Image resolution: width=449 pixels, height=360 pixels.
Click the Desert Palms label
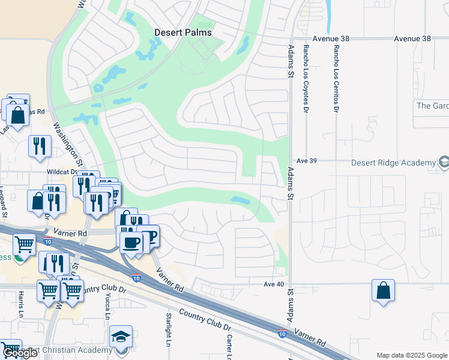pos(183,32)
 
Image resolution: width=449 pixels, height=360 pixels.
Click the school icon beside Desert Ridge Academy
pos(444,162)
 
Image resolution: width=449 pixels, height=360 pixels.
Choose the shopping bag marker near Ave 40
pos(383,292)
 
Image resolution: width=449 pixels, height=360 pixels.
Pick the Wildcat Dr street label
pos(62,172)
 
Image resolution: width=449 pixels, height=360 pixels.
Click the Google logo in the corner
pos(20,353)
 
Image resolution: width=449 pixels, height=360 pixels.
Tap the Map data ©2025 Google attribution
pos(412,355)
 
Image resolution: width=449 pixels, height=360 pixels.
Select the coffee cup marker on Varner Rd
pos(131,242)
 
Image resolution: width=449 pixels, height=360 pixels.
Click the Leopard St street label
pos(4,205)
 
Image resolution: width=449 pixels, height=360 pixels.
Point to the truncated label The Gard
pos(432,106)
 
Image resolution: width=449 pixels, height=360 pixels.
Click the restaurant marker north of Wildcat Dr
pos(40,146)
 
